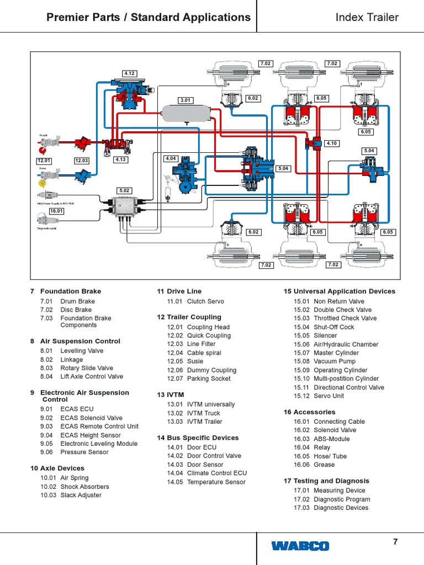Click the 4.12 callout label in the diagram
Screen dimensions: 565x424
pyautogui.click(x=129, y=73)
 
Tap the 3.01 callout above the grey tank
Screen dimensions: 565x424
pyautogui.click(x=185, y=100)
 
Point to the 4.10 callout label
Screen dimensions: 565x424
pyautogui.click(x=331, y=143)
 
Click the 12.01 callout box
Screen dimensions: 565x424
pyautogui.click(x=44, y=161)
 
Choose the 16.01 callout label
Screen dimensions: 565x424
pyautogui.click(x=56, y=211)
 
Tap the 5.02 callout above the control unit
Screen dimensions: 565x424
pyautogui.click(x=125, y=190)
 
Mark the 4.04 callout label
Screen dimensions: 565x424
pyautogui.click(x=171, y=158)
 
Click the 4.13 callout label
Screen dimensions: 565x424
pyautogui.click(x=120, y=160)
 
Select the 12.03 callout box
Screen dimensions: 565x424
pyautogui.click(x=82, y=161)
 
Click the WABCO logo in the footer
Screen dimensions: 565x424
pyautogui.click(x=300, y=546)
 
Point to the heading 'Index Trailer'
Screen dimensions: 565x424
pyautogui.click(x=367, y=17)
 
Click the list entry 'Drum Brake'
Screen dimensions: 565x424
pyautogui.click(x=77, y=301)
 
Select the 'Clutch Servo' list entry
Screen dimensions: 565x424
pyautogui.click(x=206, y=301)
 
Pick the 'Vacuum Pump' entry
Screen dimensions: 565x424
pyautogui.click(x=335, y=361)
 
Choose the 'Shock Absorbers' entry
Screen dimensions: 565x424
pyautogui.click(x=84, y=487)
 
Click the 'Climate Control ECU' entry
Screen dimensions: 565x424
pyautogui.click(x=216, y=473)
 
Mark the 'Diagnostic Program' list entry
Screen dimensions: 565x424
pyautogui.click(x=342, y=499)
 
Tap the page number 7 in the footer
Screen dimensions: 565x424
pyautogui.click(x=395, y=542)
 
